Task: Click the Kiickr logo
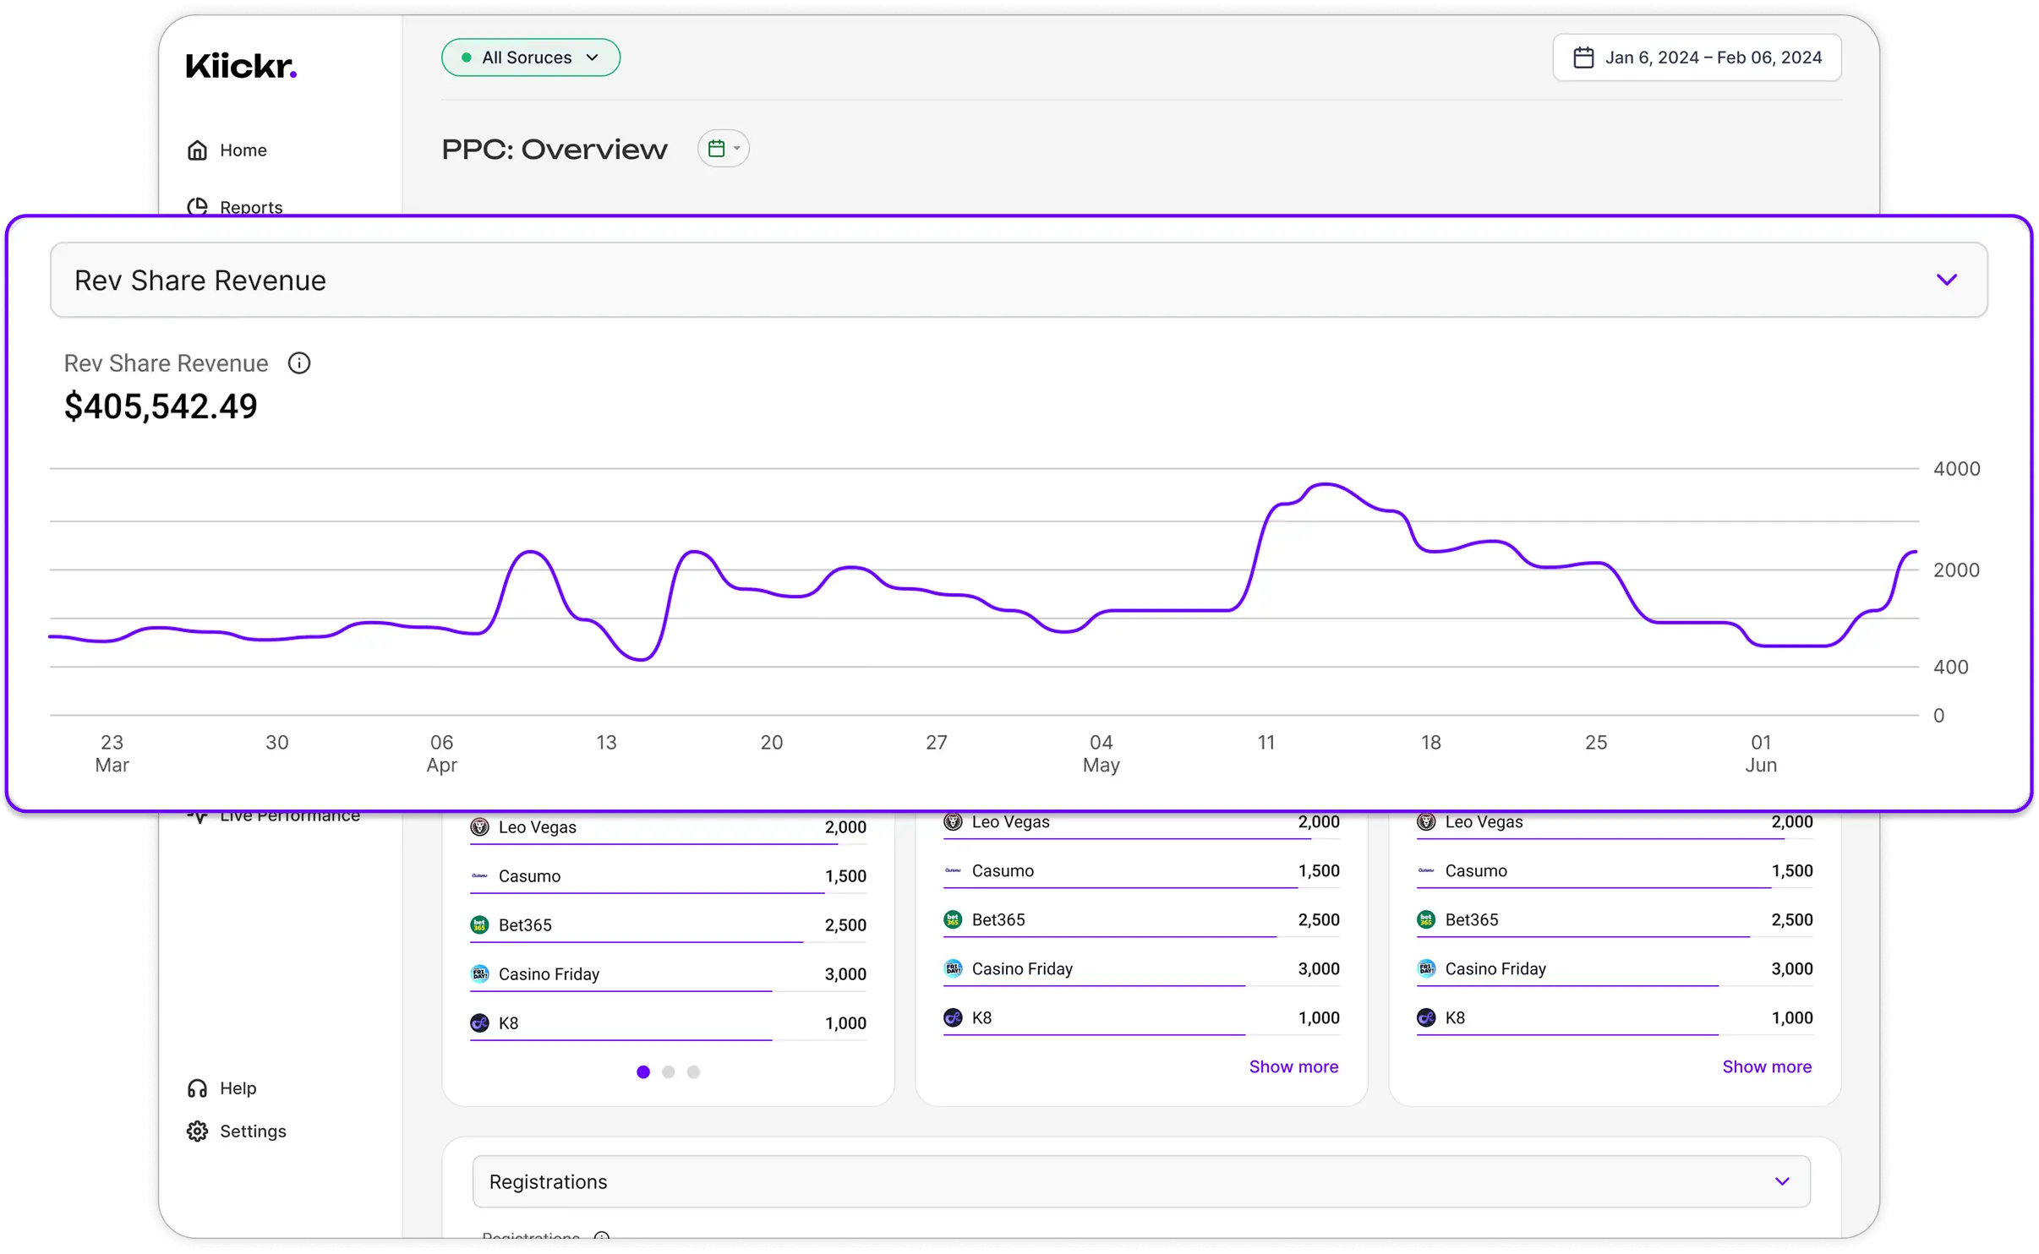241,66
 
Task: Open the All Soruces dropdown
531,57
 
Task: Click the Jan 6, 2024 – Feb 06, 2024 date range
1697,57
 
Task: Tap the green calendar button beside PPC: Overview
723,149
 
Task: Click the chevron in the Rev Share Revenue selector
1946,280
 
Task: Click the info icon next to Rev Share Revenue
299,363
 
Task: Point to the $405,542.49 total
161,406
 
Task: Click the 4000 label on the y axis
1956,469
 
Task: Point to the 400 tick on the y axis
1950,667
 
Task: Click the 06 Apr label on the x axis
441,753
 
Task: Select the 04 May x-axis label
1101,753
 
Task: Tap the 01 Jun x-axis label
1761,753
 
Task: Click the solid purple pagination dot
643,1071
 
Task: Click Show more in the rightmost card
1767,1066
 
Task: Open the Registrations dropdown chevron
1782,1181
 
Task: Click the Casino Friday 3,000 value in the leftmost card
845,974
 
